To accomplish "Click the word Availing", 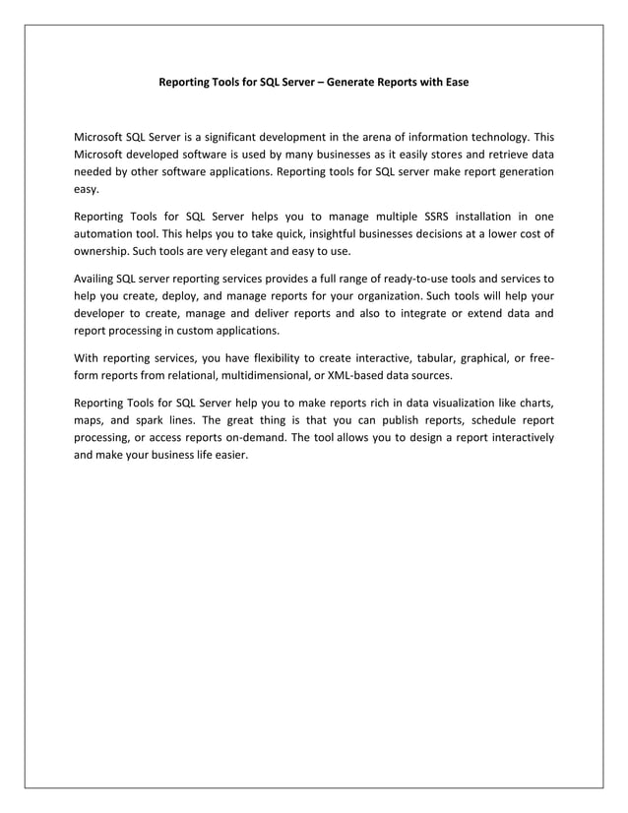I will pyautogui.click(x=95, y=278).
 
